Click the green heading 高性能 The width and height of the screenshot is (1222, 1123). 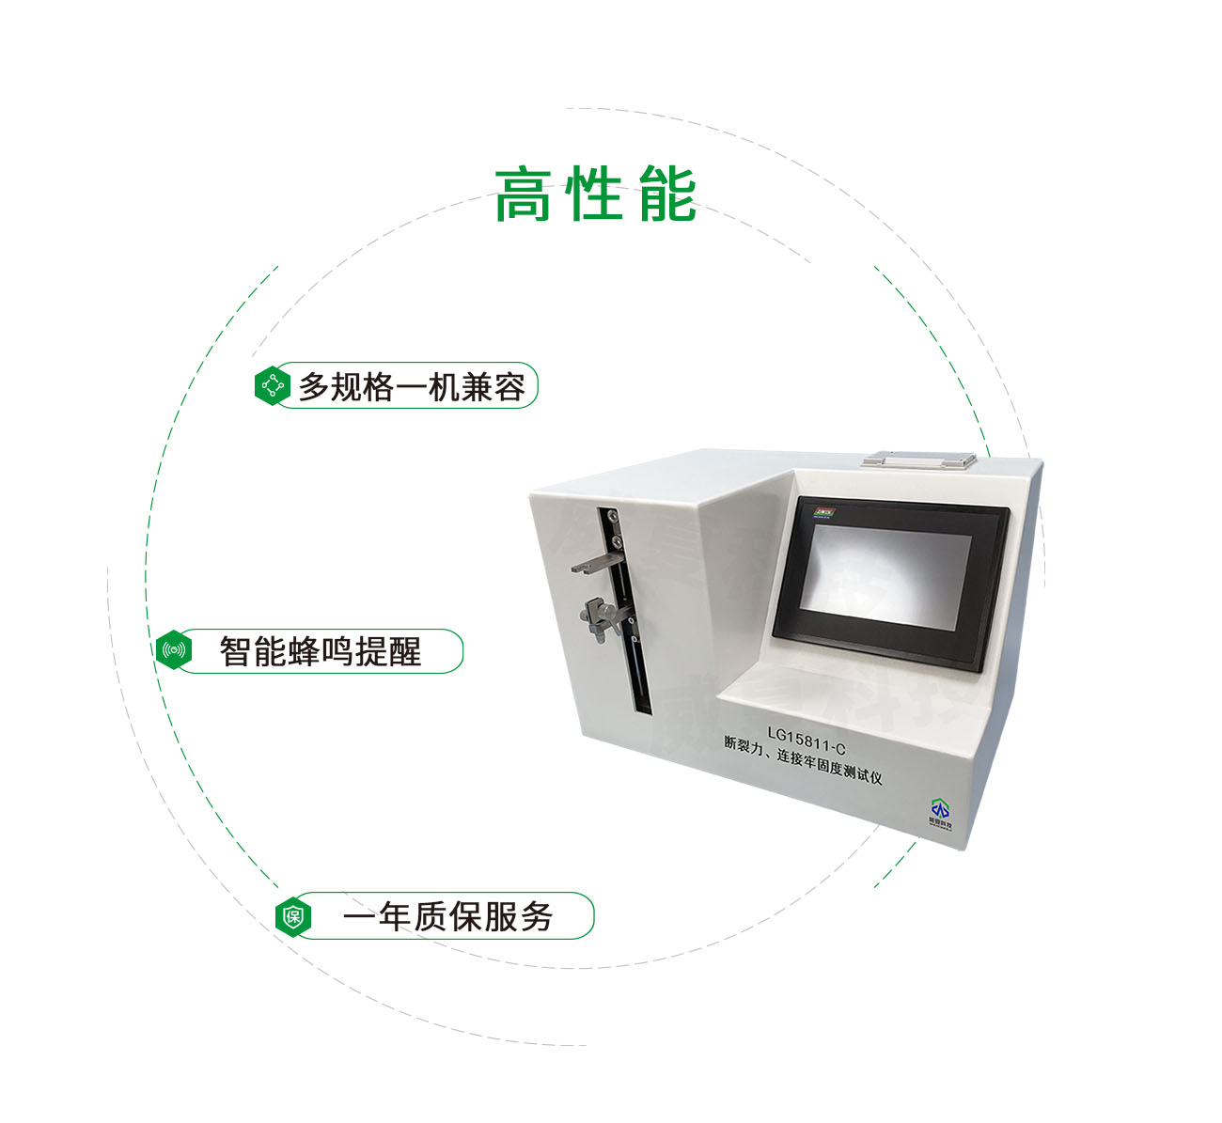point(596,195)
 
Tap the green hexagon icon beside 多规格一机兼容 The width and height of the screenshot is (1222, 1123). point(273,385)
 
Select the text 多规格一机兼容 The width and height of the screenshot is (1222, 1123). point(412,386)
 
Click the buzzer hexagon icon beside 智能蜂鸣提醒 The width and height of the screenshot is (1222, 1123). point(174,650)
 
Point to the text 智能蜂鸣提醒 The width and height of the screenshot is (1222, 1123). point(321,651)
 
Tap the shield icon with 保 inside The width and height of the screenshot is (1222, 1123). point(293,916)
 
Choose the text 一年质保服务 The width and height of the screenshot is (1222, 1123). point(447,916)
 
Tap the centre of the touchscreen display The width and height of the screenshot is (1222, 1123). point(888,584)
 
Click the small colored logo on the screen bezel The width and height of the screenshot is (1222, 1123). point(824,514)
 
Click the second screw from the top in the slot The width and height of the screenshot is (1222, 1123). point(617,541)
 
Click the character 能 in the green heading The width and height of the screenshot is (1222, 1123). point(667,195)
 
